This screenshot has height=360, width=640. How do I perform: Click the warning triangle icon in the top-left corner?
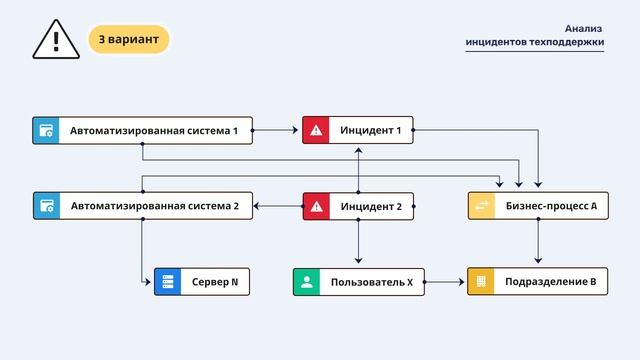coord(56,40)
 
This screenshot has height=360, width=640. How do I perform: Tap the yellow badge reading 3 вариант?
coord(129,40)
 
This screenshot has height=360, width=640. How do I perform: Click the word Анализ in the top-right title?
coord(584,29)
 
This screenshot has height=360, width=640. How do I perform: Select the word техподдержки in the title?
coord(564,43)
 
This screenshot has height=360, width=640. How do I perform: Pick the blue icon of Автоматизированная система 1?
coord(46,130)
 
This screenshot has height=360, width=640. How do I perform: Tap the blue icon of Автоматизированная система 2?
coord(46,207)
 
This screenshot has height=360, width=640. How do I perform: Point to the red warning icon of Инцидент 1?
coord(317,130)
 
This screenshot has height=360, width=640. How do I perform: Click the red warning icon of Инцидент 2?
coord(317,207)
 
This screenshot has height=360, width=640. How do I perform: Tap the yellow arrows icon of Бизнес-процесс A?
coord(482,207)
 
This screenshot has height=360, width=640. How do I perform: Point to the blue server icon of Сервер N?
coord(168,282)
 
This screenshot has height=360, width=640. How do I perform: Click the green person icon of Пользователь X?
coord(307,282)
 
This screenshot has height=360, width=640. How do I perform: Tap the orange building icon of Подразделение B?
coord(482,282)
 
